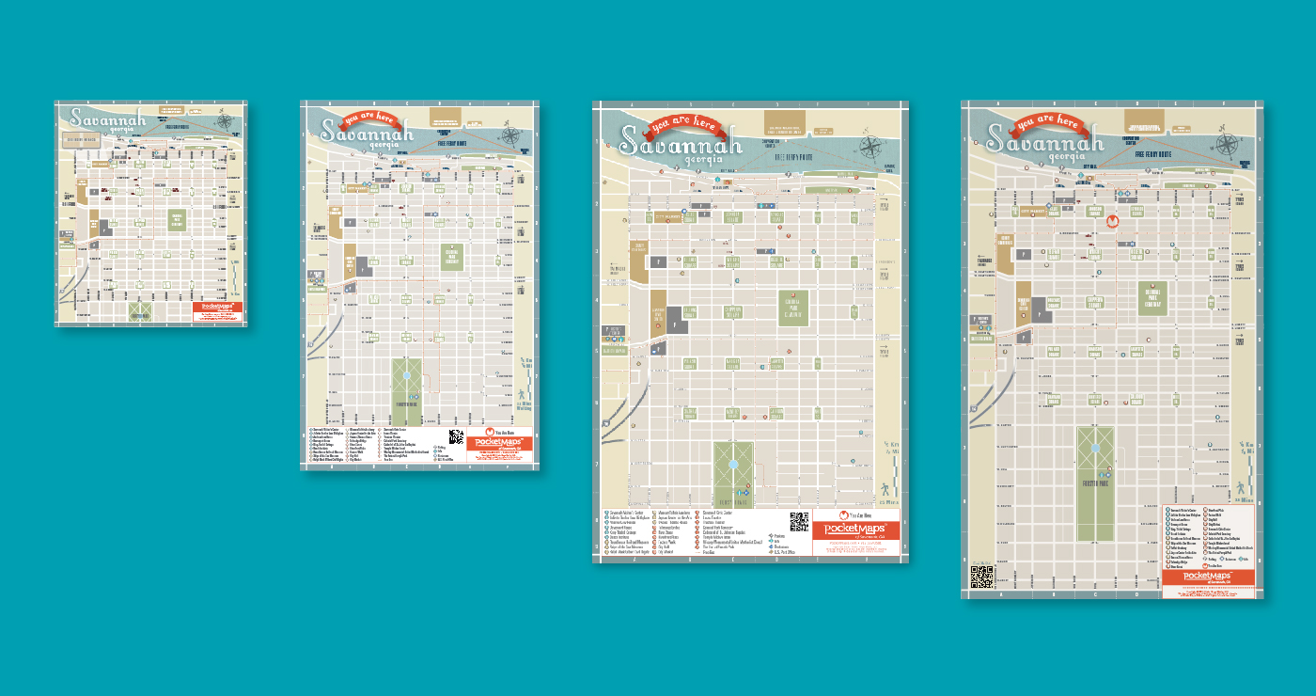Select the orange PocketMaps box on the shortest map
(x=218, y=311)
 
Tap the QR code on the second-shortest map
(x=456, y=436)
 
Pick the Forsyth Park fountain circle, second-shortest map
(x=406, y=375)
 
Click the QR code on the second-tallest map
(x=799, y=521)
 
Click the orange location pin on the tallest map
(x=1112, y=222)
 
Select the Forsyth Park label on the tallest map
(x=1095, y=483)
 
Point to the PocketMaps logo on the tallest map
(x=1207, y=575)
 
